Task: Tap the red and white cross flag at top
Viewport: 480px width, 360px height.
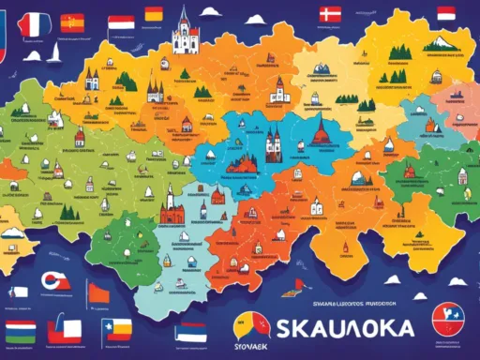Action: tap(330, 14)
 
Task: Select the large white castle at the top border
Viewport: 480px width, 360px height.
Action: tap(186, 35)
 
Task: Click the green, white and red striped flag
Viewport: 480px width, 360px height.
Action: tap(21, 331)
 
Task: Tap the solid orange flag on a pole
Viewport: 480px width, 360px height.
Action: tap(98, 293)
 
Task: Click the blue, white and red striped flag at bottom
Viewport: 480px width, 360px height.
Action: tap(192, 331)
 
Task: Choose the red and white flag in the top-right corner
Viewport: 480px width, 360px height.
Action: tap(446, 13)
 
